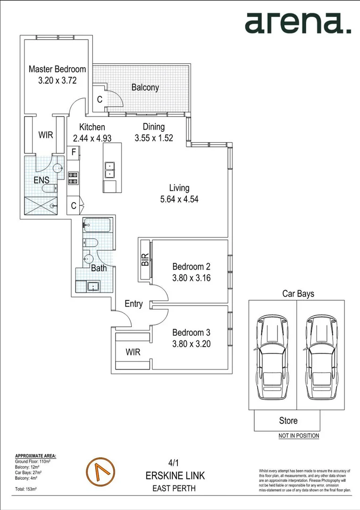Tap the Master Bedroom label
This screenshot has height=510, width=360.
(x=57, y=69)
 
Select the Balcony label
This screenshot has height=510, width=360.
(x=145, y=87)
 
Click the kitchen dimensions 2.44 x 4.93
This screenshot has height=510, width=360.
(x=92, y=138)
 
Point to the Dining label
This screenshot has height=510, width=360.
(x=154, y=127)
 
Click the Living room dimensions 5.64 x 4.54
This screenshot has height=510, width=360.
(x=179, y=199)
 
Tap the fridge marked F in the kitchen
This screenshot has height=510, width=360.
(x=74, y=152)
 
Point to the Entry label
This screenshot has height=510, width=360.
(x=134, y=304)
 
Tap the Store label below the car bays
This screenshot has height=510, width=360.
(x=288, y=420)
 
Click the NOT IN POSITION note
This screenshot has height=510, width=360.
(x=298, y=436)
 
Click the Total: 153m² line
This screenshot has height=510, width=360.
(x=26, y=489)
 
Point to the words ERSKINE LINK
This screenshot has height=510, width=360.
(x=175, y=475)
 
